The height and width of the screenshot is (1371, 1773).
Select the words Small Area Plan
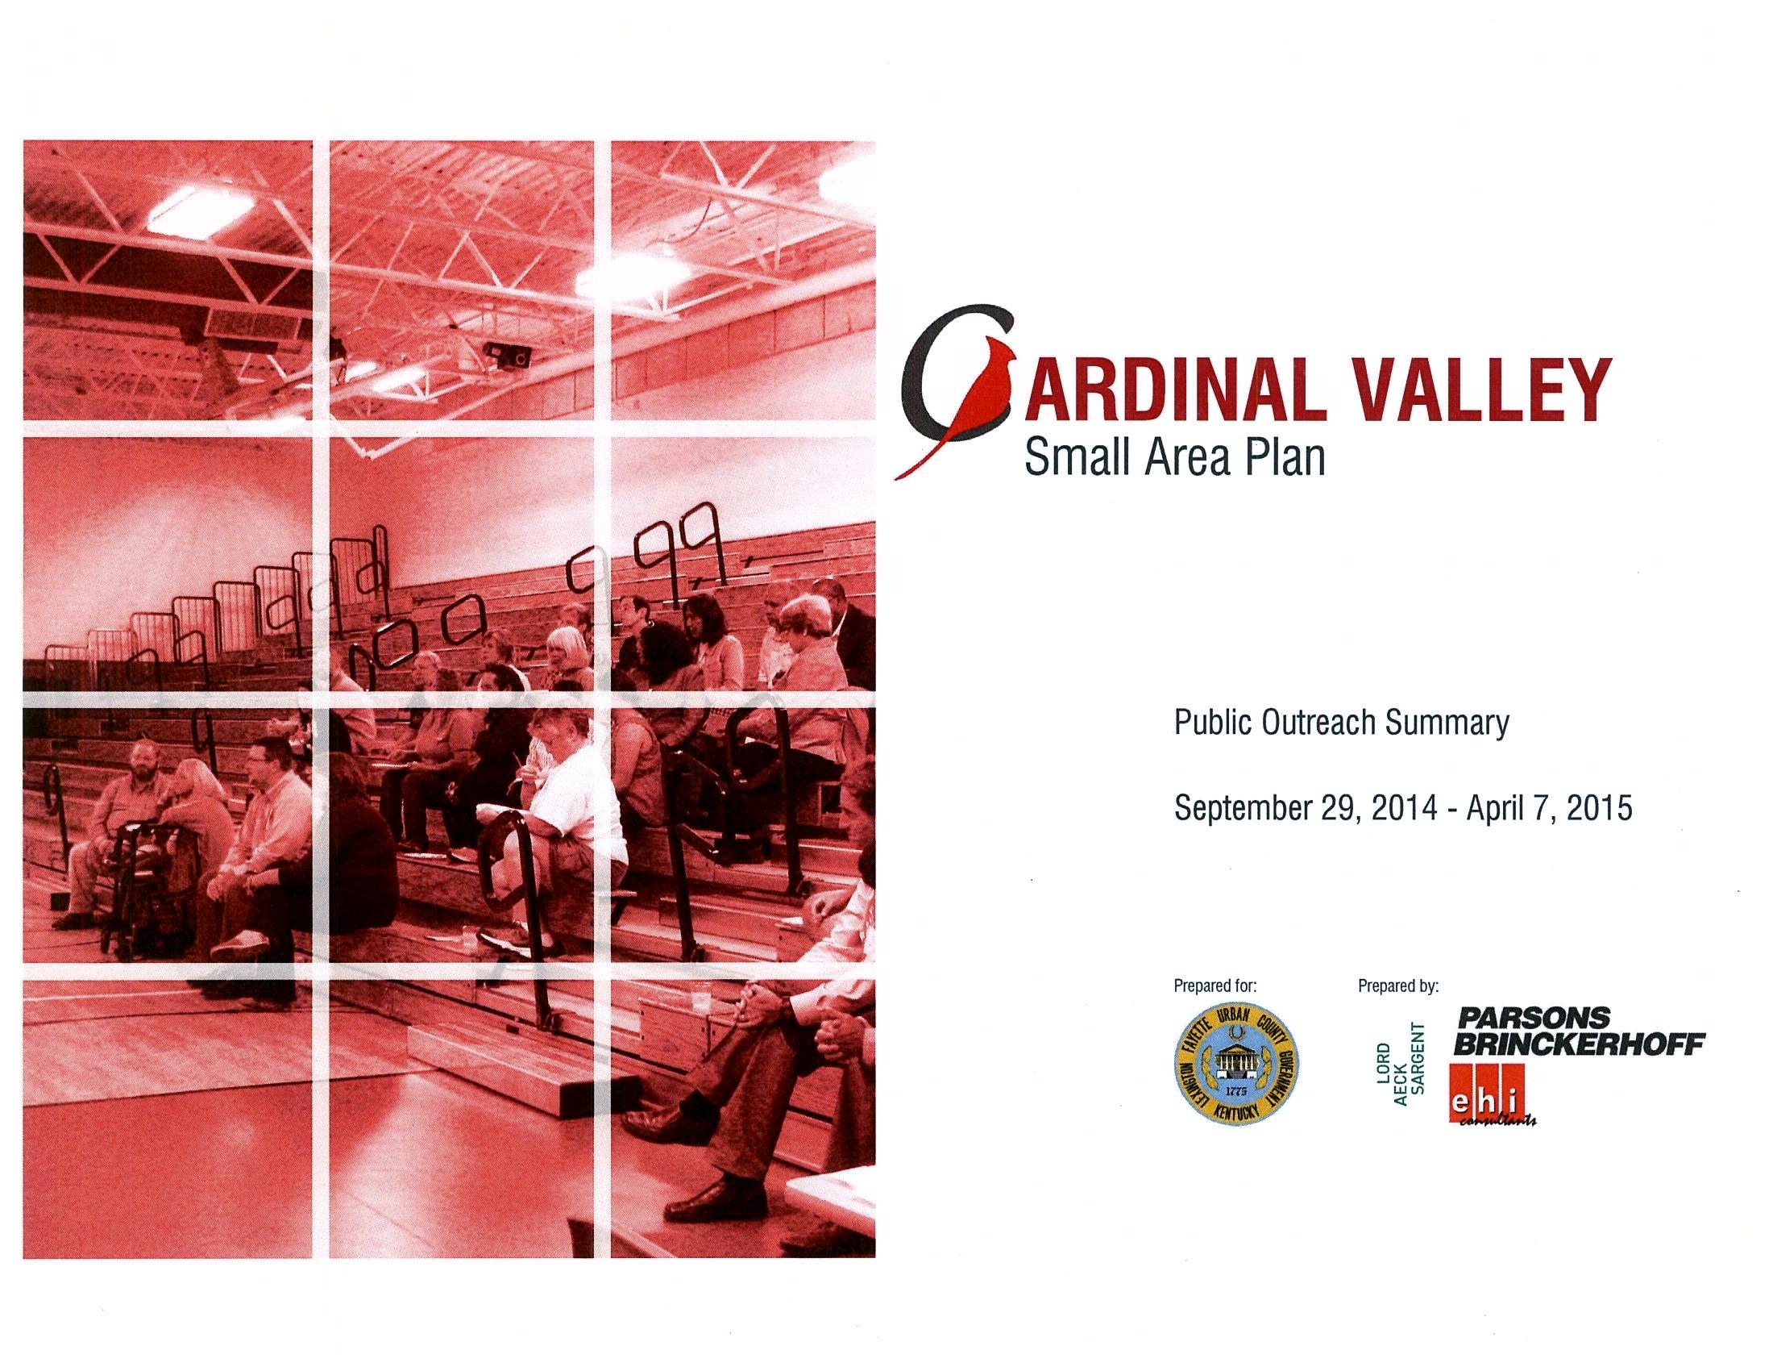(x=1175, y=457)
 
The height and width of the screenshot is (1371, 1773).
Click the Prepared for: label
(x=1215, y=986)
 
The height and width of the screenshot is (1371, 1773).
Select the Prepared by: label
(x=1398, y=986)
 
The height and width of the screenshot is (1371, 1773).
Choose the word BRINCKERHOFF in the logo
(x=1578, y=1044)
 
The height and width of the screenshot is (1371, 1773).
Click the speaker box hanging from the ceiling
(x=507, y=355)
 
